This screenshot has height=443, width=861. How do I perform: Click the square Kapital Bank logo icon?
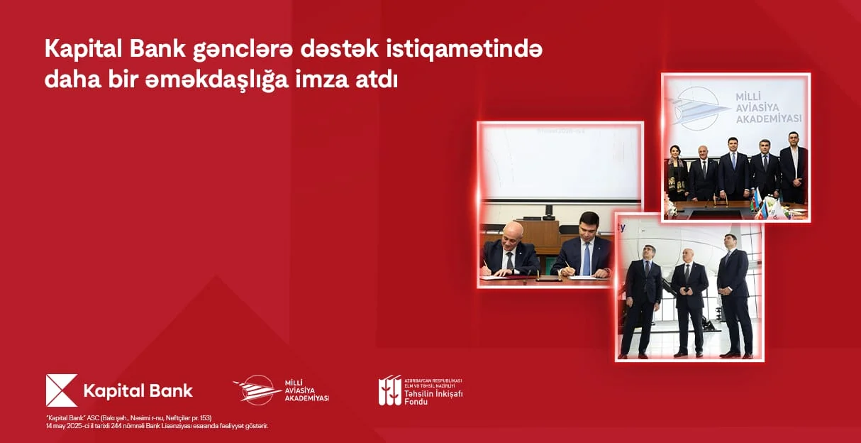coord(61,390)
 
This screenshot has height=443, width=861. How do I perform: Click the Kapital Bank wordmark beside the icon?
coord(138,390)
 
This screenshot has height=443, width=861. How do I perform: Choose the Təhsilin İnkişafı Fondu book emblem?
coord(389,390)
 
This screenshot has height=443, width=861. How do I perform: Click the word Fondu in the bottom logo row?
coord(416,402)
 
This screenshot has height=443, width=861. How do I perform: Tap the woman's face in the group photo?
coord(677,151)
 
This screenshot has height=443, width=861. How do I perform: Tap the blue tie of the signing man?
coord(586,260)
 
